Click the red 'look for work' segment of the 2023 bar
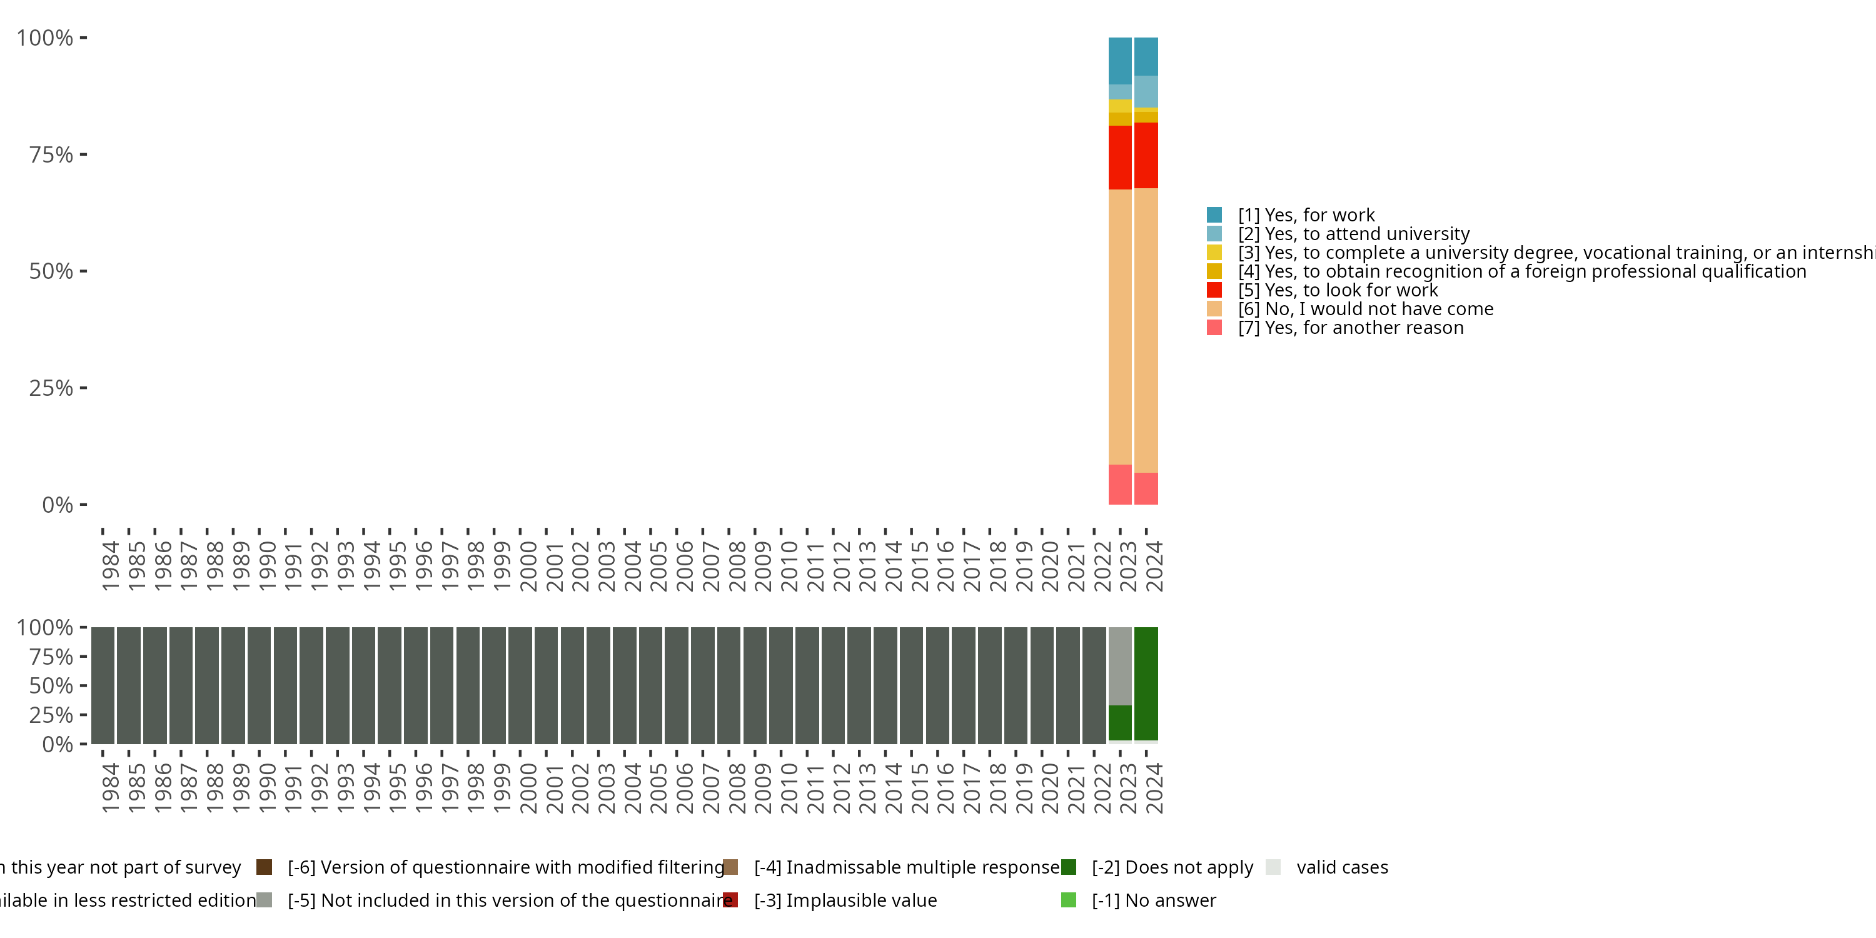(1119, 158)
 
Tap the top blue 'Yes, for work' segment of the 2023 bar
(1119, 61)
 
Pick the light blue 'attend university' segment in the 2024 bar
(1146, 91)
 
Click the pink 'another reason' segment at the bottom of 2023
(1119, 484)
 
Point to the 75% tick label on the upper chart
(51, 155)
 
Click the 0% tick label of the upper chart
(58, 505)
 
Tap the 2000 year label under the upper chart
(528, 566)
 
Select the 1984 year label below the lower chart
(110, 788)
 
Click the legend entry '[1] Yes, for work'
(1306, 215)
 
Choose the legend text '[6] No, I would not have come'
(1366, 309)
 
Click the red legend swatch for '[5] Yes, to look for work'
(1214, 290)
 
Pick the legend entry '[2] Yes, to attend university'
(1353, 234)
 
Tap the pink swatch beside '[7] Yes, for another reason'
(1214, 328)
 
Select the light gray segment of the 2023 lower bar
(1119, 665)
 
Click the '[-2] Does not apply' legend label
(1172, 867)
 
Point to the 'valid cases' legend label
(1341, 867)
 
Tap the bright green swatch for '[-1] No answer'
(1068, 900)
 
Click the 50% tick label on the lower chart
(51, 686)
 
